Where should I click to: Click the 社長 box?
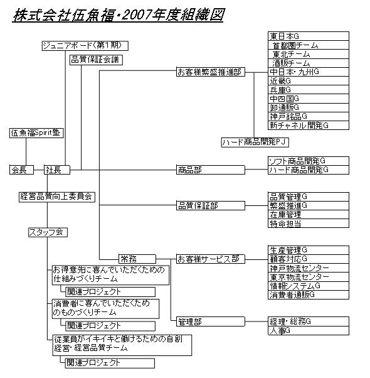(57, 170)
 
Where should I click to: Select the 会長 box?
(21, 170)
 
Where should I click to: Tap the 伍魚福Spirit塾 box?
(36, 133)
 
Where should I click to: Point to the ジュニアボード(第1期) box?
(85, 46)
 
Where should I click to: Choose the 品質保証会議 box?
(96, 60)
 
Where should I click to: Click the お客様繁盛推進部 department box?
(211, 72)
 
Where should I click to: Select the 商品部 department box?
(211, 170)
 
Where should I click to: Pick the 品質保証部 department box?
(211, 205)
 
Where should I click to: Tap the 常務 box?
(137, 259)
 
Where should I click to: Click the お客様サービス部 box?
(211, 259)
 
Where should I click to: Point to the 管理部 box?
(211, 321)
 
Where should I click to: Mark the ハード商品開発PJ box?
(255, 143)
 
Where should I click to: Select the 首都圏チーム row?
(309, 45)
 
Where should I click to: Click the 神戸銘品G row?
(309, 116)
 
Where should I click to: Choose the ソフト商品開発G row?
(309, 161)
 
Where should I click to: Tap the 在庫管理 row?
(309, 215)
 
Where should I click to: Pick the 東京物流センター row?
(309, 277)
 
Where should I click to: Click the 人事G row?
(309, 330)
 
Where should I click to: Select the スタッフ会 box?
(48, 232)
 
